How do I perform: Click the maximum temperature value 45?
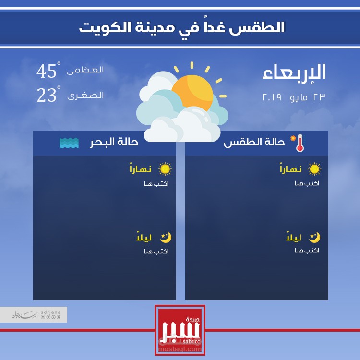pyautogui.click(x=47, y=72)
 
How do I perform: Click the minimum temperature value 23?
pyautogui.click(x=47, y=96)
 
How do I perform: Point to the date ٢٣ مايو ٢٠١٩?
pyautogui.click(x=294, y=96)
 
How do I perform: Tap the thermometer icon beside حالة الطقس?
pyautogui.click(x=300, y=143)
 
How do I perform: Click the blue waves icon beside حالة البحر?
pyautogui.click(x=69, y=143)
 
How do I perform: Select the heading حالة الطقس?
pyautogui.click(x=254, y=143)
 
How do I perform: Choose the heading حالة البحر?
pyautogui.click(x=114, y=143)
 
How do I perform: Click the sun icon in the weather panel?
pyautogui.click(x=314, y=169)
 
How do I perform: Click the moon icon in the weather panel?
pyautogui.click(x=314, y=237)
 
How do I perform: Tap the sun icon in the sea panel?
pyautogui.click(x=165, y=169)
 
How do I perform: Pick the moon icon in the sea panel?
pyautogui.click(x=166, y=237)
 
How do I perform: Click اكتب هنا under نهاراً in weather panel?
pyautogui.click(x=307, y=183)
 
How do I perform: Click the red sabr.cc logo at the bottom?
pyautogui.click(x=180, y=330)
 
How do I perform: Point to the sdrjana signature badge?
pyautogui.click(x=34, y=315)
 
